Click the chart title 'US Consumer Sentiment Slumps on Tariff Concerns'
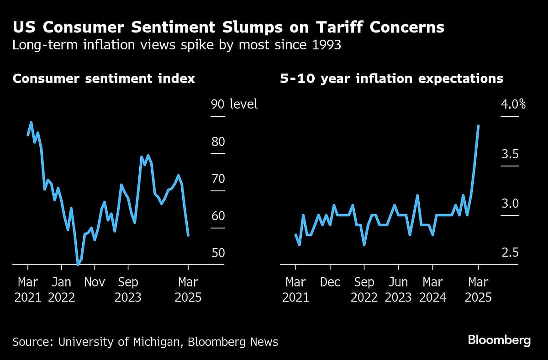pos(228,27)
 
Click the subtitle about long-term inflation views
pos(177,46)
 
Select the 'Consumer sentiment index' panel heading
pos(104,78)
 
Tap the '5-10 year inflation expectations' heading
pos(391,78)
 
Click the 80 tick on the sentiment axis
pos(218,141)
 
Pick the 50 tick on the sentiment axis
pos(218,252)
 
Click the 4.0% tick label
pos(513,104)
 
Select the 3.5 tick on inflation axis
pos(510,154)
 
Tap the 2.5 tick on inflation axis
pos(510,252)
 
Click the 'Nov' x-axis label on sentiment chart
pos(95,282)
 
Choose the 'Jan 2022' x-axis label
pos(61,290)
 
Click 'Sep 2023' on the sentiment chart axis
pos(128,290)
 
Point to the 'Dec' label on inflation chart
pos(330,282)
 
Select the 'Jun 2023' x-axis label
pos(398,290)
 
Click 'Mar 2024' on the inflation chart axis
pos(432,290)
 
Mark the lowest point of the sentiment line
pos(78,264)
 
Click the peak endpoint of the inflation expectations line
pos(478,126)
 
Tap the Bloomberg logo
pos(499,340)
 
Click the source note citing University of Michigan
pos(145,342)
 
